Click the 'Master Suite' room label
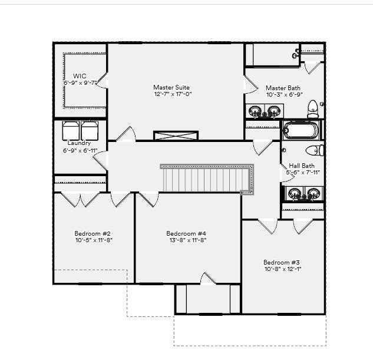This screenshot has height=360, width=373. tap(171, 87)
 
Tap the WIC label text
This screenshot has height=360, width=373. tap(80, 76)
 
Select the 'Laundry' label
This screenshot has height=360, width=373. tap(79, 143)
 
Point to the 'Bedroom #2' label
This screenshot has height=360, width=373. tap(93, 233)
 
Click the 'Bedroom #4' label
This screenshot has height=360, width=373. tap(186, 233)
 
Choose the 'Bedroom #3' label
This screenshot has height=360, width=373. tap(282, 262)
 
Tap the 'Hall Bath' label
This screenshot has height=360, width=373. tap(302, 166)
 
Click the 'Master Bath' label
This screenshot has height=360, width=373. tap(283, 88)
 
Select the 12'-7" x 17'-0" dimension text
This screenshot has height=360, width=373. tap(173, 94)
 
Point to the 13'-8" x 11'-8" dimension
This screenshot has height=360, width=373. tap(186, 240)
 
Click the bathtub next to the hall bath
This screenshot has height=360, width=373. tap(301, 130)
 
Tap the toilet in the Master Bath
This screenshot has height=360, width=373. tap(313, 109)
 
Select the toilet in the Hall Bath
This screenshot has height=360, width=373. tap(315, 150)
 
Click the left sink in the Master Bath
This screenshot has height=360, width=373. tap(256, 111)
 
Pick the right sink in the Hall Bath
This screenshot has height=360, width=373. tap(313, 193)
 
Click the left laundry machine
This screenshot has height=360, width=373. tap(71, 130)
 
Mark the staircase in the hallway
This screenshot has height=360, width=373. tap(206, 179)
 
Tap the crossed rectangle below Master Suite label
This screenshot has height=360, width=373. tap(176, 136)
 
